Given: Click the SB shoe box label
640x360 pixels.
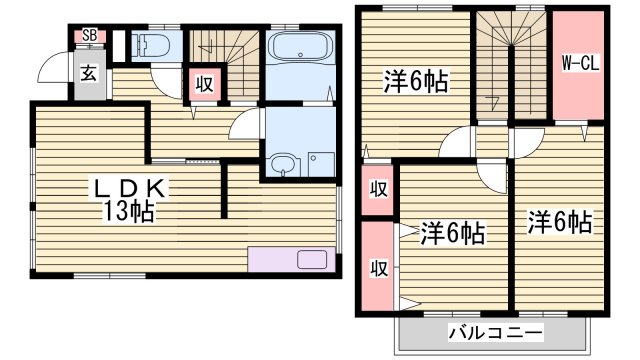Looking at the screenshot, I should pyautogui.click(x=89, y=36).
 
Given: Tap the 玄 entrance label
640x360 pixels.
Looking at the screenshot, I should pyautogui.click(x=89, y=73).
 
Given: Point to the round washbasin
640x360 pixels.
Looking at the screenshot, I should pyautogui.click(x=282, y=165).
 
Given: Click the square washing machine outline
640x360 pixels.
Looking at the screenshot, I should pyautogui.click(x=319, y=163).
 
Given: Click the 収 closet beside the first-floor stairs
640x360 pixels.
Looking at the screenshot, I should pyautogui.click(x=204, y=85).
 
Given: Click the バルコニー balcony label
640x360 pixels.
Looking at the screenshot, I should pyautogui.click(x=494, y=332).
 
